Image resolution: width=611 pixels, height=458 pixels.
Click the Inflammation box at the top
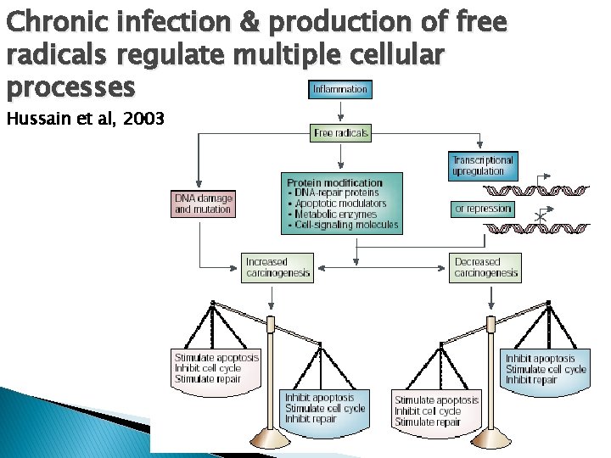pos(340,89)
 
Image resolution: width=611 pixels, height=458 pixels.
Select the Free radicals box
pos(340,133)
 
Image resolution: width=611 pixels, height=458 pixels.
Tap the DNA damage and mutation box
pos(202,204)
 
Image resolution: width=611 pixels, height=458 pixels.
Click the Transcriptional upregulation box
pos(482,165)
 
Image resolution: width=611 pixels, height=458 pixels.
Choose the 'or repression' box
pos(483,209)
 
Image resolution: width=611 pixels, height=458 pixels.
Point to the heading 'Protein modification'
pos(334,182)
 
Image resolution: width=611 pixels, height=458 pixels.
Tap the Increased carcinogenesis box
pos(277,268)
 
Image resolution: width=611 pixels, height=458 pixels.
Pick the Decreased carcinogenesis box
pos(485,268)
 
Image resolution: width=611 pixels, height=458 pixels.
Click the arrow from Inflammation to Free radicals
pos(340,111)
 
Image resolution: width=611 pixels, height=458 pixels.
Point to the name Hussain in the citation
pos(33,118)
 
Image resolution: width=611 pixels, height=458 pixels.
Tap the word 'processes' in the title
pos(70,87)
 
